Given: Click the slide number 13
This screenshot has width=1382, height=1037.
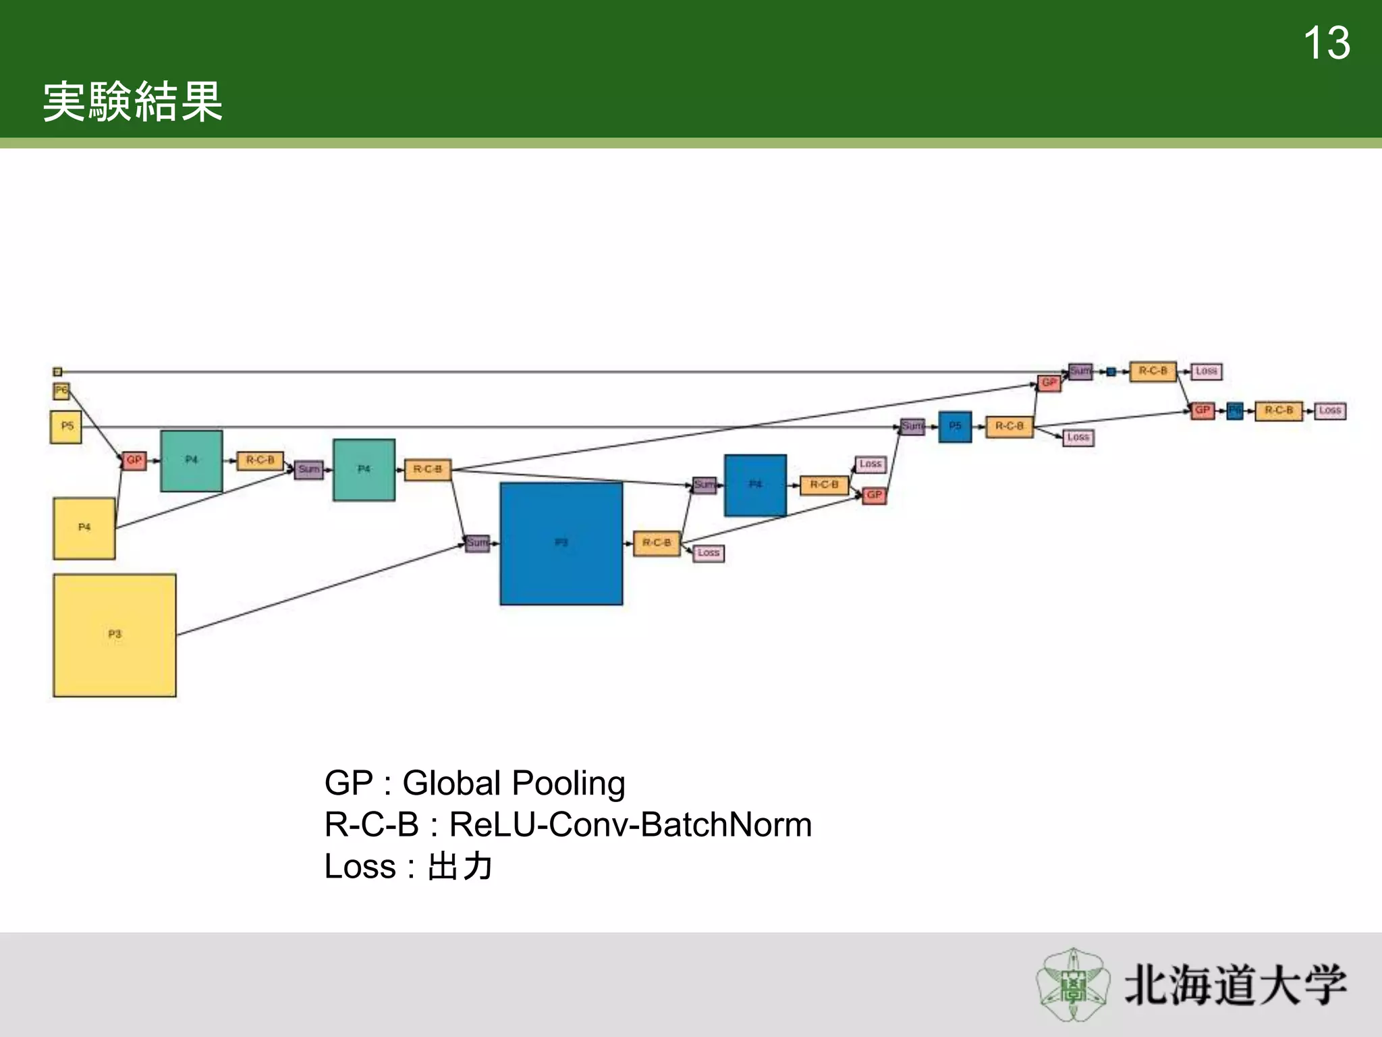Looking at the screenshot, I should [x=1326, y=44].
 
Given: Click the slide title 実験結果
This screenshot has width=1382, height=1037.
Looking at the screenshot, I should [x=133, y=102].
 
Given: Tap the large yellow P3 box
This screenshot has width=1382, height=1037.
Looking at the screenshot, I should [x=115, y=635].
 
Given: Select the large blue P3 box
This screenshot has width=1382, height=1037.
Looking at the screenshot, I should [x=561, y=543].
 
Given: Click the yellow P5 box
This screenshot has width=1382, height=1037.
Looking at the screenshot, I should [x=66, y=427].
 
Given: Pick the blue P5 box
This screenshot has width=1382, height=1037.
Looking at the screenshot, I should [x=955, y=427].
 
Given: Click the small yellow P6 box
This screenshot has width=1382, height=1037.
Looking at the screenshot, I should [x=61, y=391].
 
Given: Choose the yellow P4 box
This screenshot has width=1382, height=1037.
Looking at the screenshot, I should [x=84, y=529].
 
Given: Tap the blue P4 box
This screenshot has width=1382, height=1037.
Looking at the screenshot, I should [x=755, y=485].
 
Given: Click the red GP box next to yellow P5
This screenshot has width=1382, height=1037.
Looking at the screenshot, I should [x=134, y=460].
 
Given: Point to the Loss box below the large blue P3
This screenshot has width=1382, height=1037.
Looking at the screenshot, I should [x=709, y=554].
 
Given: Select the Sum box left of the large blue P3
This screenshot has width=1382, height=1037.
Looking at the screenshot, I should [x=477, y=543].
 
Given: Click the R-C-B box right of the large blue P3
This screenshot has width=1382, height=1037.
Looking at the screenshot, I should [x=657, y=543].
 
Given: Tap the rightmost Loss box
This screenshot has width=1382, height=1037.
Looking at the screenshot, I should [x=1330, y=410].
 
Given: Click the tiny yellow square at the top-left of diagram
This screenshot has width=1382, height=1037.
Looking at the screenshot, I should [x=57, y=372].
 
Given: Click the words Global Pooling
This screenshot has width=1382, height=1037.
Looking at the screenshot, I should [x=514, y=784].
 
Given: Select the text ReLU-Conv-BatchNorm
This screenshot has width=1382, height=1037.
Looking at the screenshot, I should [x=630, y=825].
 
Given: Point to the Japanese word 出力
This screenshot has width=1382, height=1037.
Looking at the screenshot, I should [x=460, y=867].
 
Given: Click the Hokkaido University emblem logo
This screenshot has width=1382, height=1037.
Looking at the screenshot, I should [x=1072, y=985].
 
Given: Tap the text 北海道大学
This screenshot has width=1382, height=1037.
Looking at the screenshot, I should [x=1235, y=986].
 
